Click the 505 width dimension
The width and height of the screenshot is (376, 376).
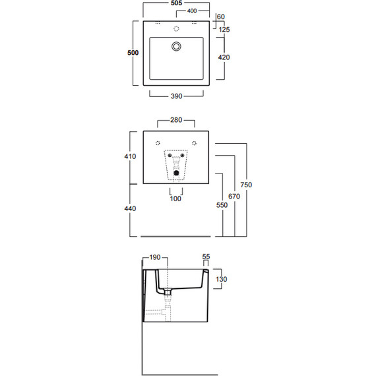click(177, 3)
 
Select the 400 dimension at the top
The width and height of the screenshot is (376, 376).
click(192, 11)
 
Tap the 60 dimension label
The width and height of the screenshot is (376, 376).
click(221, 16)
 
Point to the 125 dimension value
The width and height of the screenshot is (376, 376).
click(224, 30)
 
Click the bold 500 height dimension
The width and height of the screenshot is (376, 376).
click(133, 53)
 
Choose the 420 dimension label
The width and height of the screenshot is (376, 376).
click(224, 57)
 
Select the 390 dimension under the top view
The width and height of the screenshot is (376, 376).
click(177, 96)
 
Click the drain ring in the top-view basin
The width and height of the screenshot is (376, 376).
click(176, 46)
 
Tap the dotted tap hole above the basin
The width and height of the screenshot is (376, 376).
click(176, 29)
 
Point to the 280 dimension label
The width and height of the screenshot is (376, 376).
click(176, 120)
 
